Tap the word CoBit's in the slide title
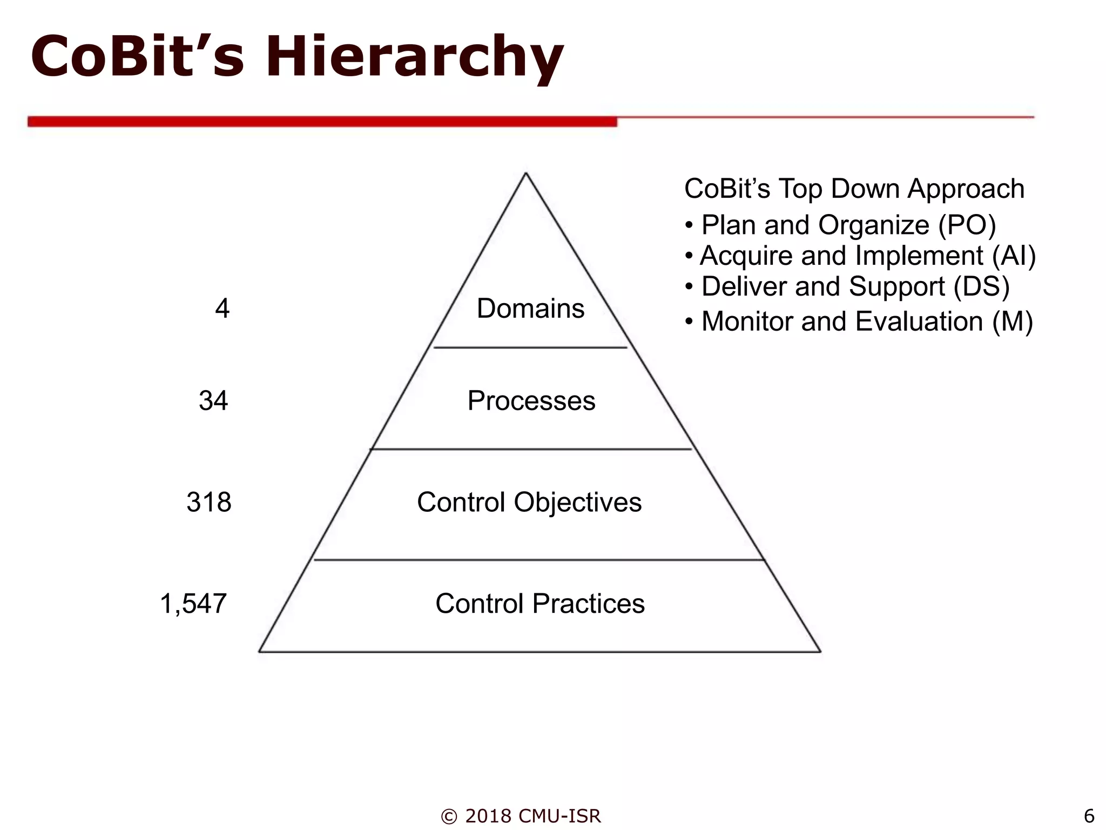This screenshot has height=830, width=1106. (138, 56)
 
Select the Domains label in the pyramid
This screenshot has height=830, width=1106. (530, 309)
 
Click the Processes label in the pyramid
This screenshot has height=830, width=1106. (531, 401)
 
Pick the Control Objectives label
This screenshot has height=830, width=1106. (529, 502)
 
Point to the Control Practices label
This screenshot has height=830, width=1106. (540, 604)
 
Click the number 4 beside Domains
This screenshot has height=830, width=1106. (222, 309)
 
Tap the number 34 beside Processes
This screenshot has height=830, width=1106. (213, 401)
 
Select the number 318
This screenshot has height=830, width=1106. (209, 502)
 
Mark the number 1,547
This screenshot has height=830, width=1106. (193, 604)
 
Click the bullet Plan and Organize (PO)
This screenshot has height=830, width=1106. (848, 225)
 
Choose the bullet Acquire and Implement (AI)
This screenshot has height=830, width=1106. (867, 256)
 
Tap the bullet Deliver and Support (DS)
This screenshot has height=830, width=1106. (855, 286)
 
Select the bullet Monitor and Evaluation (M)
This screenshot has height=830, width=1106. (867, 322)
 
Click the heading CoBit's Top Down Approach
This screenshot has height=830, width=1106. (854, 189)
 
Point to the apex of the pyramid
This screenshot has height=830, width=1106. (526, 174)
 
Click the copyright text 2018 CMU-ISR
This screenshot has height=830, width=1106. (521, 816)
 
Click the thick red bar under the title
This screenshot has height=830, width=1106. (322, 122)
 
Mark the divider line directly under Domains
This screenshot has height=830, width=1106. (530, 347)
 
